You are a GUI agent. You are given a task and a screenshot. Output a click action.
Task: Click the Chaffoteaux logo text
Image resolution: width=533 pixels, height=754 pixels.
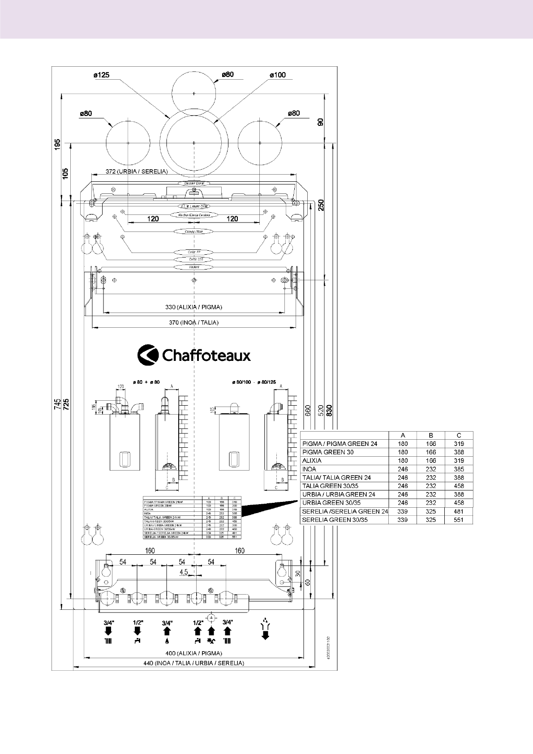pyautogui.click(x=206, y=356)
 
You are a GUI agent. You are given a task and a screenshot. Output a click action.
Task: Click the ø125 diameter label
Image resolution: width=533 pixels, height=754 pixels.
pyautogui.click(x=101, y=75)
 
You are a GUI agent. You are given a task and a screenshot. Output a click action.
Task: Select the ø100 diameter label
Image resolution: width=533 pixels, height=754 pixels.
pyautogui.click(x=278, y=75)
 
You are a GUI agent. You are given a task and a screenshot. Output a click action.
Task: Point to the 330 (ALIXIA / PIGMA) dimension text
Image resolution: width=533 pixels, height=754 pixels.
pyautogui.click(x=193, y=307)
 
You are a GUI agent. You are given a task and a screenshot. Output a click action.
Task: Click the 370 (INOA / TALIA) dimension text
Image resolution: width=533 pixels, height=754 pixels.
pyautogui.click(x=193, y=322)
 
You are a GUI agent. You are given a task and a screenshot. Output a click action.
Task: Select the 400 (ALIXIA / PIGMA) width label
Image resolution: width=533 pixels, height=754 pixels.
pyautogui.click(x=193, y=654)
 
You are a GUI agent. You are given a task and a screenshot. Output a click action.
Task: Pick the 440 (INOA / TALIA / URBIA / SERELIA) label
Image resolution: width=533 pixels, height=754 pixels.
pyautogui.click(x=193, y=663)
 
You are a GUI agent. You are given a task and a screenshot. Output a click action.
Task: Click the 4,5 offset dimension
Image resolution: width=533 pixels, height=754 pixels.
pyautogui.click(x=184, y=572)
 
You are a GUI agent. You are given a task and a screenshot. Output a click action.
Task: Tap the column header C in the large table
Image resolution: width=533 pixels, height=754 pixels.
pyautogui.click(x=459, y=435)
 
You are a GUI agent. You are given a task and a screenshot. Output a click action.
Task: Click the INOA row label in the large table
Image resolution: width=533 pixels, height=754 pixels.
pyautogui.click(x=309, y=469)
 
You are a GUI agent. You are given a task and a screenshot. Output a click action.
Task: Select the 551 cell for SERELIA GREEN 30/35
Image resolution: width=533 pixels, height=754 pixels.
pyautogui.click(x=459, y=520)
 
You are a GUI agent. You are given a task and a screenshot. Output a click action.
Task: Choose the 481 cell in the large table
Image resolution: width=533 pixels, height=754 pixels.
pyautogui.click(x=459, y=511)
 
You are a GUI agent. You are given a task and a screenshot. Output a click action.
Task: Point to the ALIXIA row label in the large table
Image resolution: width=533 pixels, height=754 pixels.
pyautogui.click(x=312, y=461)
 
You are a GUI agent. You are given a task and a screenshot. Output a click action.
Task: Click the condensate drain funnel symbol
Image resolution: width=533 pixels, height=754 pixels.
pyautogui.click(x=266, y=629)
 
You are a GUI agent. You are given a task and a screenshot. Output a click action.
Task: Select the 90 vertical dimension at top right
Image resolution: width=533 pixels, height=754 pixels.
pyautogui.click(x=321, y=122)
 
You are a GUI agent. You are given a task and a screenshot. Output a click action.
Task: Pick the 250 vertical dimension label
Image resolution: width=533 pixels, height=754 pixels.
pyautogui.click(x=321, y=205)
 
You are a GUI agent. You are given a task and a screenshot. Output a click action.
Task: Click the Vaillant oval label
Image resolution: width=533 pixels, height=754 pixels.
pyautogui.click(x=194, y=267)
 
